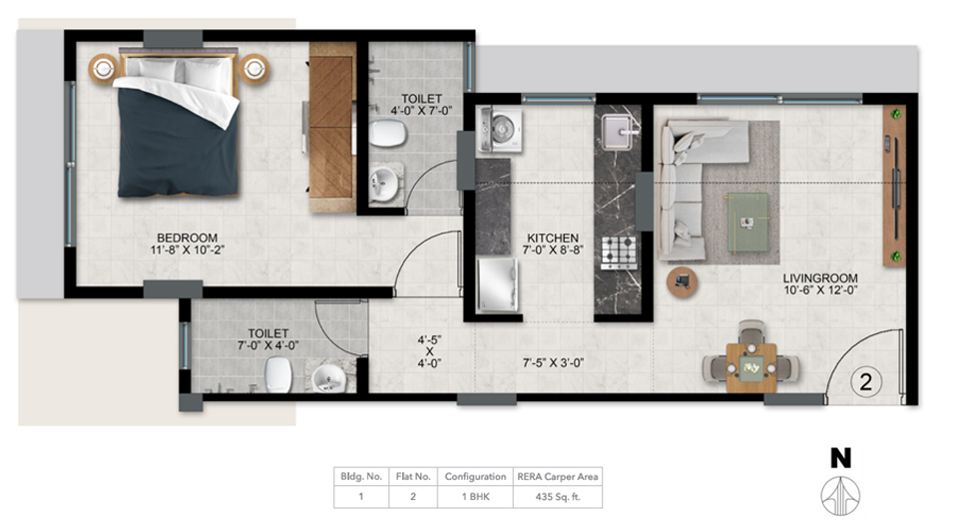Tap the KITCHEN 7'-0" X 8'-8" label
[553, 244]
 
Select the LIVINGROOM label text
[820, 277]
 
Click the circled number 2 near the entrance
[865, 382]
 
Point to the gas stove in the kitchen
[619, 252]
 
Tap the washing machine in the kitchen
[499, 129]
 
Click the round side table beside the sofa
[683, 282]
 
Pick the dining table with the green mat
[751, 367]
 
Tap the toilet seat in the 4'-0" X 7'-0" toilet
[387, 134]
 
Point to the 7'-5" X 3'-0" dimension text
[553, 363]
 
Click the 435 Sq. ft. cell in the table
[557, 497]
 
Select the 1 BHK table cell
[475, 497]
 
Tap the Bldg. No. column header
[361, 476]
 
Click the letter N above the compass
[841, 458]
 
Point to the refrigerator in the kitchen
[497, 285]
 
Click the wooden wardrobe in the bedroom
[332, 127]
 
